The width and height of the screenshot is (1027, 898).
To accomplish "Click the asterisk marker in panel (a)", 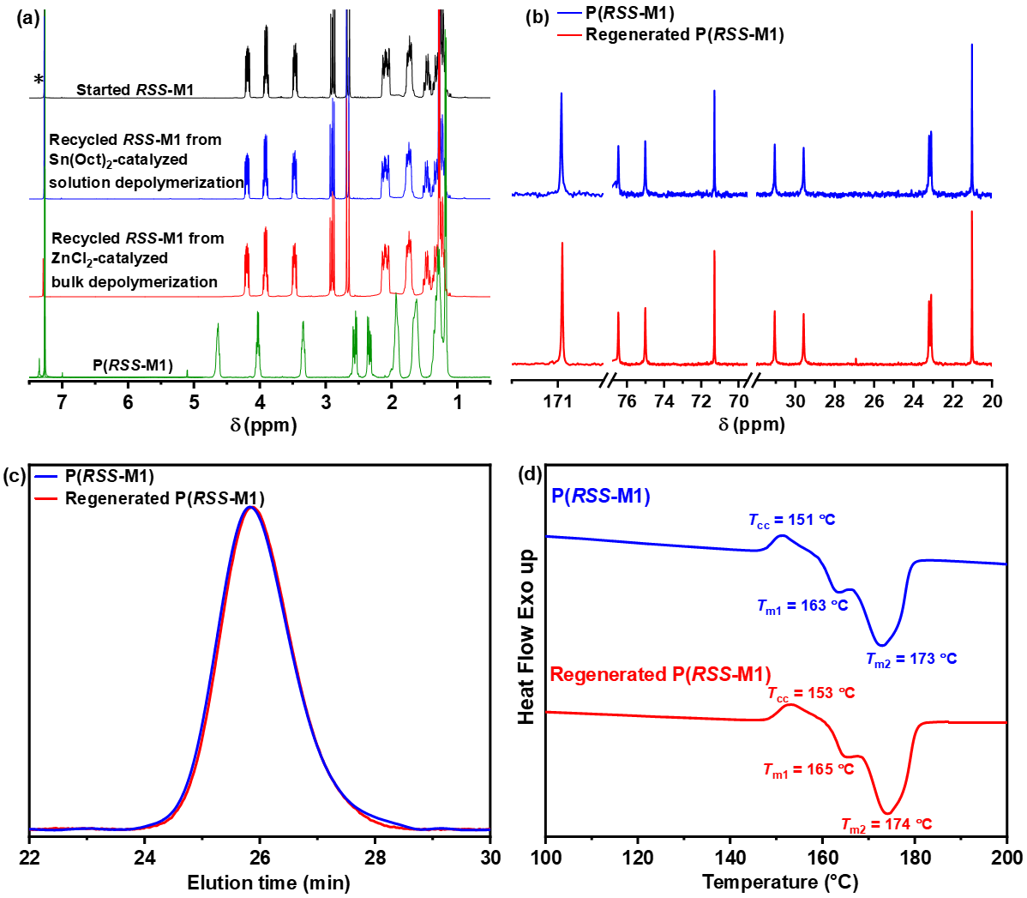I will coord(39,81).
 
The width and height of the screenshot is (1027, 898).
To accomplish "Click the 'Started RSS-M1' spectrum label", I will coord(135,90).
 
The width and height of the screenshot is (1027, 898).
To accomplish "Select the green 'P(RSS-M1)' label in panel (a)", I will coord(133,365).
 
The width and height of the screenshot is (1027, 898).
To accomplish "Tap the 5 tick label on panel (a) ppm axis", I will coord(194,402).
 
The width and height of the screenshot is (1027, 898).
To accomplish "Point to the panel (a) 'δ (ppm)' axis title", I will coord(263,425).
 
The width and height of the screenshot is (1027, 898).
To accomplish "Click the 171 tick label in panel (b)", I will coord(558,401).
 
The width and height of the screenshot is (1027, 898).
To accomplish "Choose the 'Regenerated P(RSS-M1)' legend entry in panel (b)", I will coord(684,35).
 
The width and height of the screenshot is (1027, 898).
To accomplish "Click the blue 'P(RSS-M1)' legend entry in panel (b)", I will coord(629,14).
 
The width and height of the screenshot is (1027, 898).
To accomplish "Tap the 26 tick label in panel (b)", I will coord(874,401).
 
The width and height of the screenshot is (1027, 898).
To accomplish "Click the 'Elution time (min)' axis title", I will coord(268,882).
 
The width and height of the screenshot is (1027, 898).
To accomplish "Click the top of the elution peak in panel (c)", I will coord(250,507).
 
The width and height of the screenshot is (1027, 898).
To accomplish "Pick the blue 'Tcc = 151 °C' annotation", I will coord(791,520).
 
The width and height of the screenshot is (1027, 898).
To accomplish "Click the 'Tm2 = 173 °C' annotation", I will coord(910,660).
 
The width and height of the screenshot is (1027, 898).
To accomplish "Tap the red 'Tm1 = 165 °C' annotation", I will coord(808,769).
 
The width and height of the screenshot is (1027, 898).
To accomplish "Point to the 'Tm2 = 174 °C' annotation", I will coord(886,825).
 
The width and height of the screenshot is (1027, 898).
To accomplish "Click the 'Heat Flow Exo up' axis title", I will coord(526,637).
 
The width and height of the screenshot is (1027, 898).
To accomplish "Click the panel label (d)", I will coord(532,474).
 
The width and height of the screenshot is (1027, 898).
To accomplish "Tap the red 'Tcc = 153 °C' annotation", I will coord(810,693).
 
